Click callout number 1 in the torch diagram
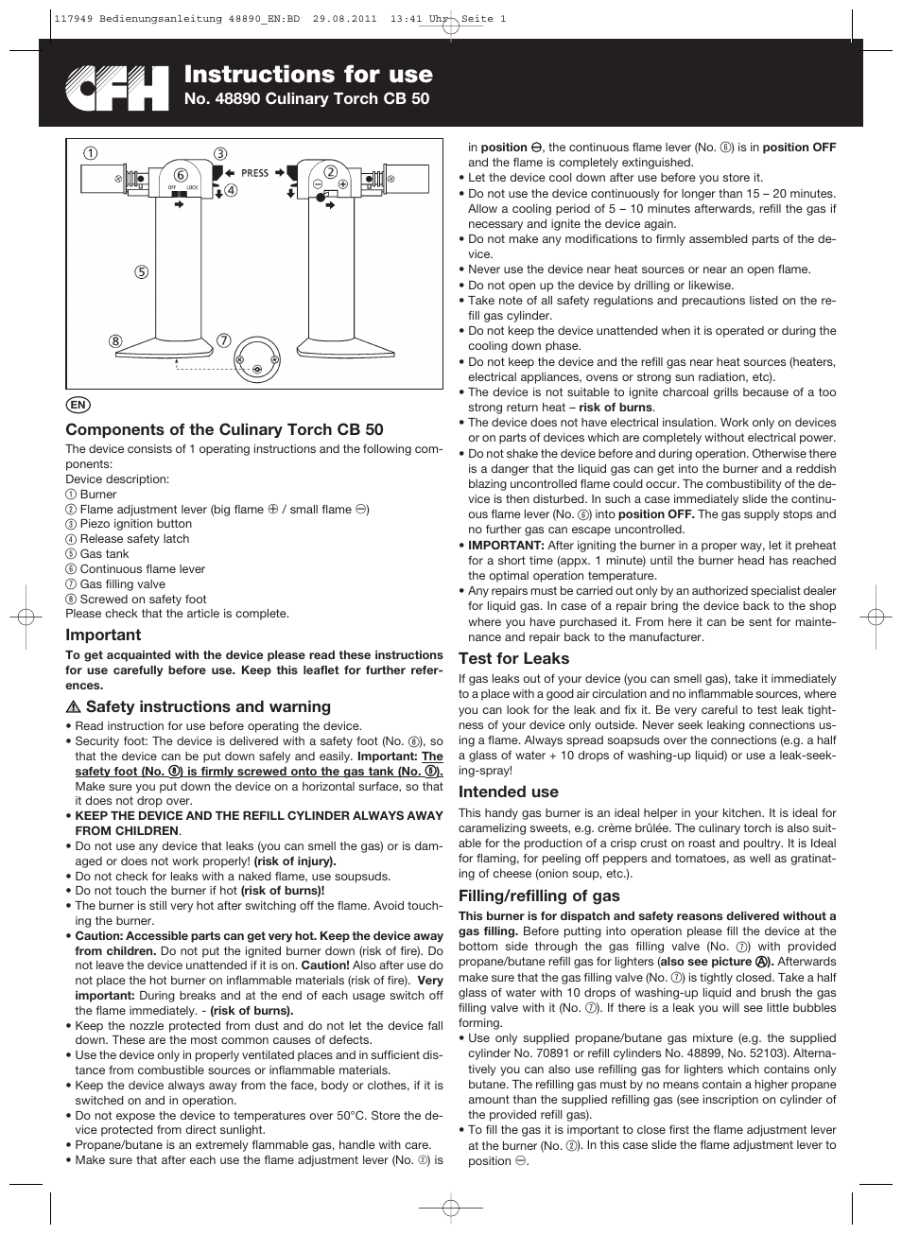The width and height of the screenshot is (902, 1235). pyautogui.click(x=88, y=154)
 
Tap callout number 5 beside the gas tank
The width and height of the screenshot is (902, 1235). pyautogui.click(x=142, y=272)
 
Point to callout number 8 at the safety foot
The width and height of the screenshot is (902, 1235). pyautogui.click(x=114, y=341)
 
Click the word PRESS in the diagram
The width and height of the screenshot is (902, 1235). pyautogui.click(x=255, y=173)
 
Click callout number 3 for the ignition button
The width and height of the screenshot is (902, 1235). pyautogui.click(x=220, y=154)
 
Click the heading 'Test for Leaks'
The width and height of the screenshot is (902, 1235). pyautogui.click(x=513, y=658)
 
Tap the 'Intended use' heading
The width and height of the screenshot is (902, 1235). pyautogui.click(x=508, y=791)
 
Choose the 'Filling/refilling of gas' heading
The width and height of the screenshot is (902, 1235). pyautogui.click(x=539, y=896)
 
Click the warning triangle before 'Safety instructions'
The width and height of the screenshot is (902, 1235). pyautogui.click(x=73, y=707)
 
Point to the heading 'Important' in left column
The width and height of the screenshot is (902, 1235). pyautogui.click(x=103, y=635)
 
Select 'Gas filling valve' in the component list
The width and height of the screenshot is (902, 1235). pyautogui.click(x=122, y=584)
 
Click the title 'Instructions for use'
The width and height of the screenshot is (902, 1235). pyautogui.click(x=308, y=75)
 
